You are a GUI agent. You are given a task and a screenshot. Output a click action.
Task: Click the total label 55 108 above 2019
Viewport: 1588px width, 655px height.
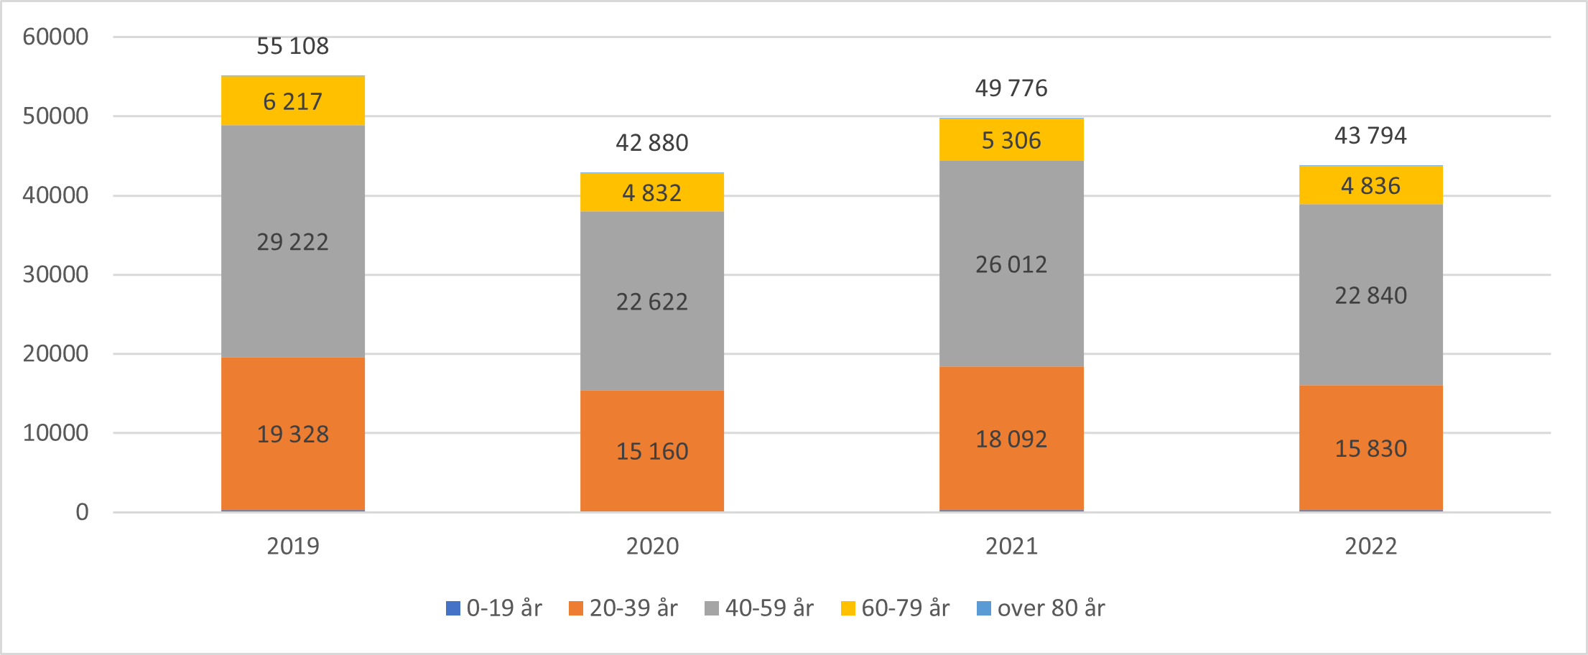click(292, 46)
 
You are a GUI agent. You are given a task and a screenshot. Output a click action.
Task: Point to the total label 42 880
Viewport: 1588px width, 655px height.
click(651, 143)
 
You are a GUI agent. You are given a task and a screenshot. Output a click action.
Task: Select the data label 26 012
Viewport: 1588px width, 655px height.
click(1011, 264)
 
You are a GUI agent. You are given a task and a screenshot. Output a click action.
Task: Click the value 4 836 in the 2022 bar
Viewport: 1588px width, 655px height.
click(1370, 186)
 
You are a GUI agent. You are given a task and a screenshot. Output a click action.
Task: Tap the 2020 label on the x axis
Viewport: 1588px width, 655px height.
click(651, 546)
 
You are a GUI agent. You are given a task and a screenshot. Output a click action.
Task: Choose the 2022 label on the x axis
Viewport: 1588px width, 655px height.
click(1370, 546)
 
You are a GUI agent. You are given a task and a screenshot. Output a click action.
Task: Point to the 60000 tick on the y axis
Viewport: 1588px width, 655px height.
click(55, 37)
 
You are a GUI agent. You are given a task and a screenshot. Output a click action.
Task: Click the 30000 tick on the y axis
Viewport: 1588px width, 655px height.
click(55, 274)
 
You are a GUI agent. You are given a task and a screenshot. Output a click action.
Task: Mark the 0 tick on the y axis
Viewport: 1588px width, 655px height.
click(82, 512)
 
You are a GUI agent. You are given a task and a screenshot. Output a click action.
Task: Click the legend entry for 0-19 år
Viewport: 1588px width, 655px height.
click(494, 608)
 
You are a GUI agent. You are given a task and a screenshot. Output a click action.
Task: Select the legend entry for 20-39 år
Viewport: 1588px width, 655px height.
click(623, 608)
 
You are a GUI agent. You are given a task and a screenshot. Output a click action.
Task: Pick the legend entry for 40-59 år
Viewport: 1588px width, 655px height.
click(759, 608)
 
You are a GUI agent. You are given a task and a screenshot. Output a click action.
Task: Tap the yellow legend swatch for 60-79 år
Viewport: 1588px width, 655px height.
click(848, 608)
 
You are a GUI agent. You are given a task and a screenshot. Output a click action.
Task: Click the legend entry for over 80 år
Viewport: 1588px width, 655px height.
click(1041, 608)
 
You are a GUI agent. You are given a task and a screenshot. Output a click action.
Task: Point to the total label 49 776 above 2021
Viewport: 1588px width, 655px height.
click(1011, 88)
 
